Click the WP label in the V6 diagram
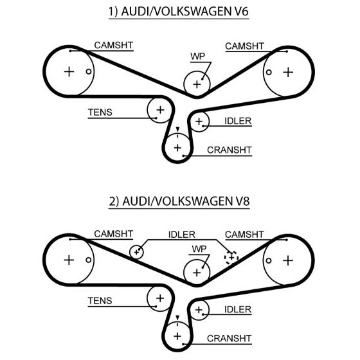(197, 57)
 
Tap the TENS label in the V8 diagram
(100, 301)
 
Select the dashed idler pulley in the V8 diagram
(231, 257)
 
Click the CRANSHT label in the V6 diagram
(230, 150)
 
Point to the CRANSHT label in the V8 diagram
(229, 338)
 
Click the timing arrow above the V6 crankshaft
(177, 129)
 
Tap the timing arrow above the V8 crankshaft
(177, 318)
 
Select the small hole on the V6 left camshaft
(89, 71)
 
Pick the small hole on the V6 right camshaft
(269, 72)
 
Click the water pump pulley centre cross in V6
(197, 84)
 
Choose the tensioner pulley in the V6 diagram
(160, 110)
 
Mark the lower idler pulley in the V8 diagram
(199, 310)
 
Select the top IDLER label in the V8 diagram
(181, 235)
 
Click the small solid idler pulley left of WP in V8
(136, 252)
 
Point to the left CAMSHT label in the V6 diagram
(114, 45)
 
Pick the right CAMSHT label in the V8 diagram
(244, 235)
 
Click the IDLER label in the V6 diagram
(238, 121)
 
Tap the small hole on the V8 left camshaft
(89, 260)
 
